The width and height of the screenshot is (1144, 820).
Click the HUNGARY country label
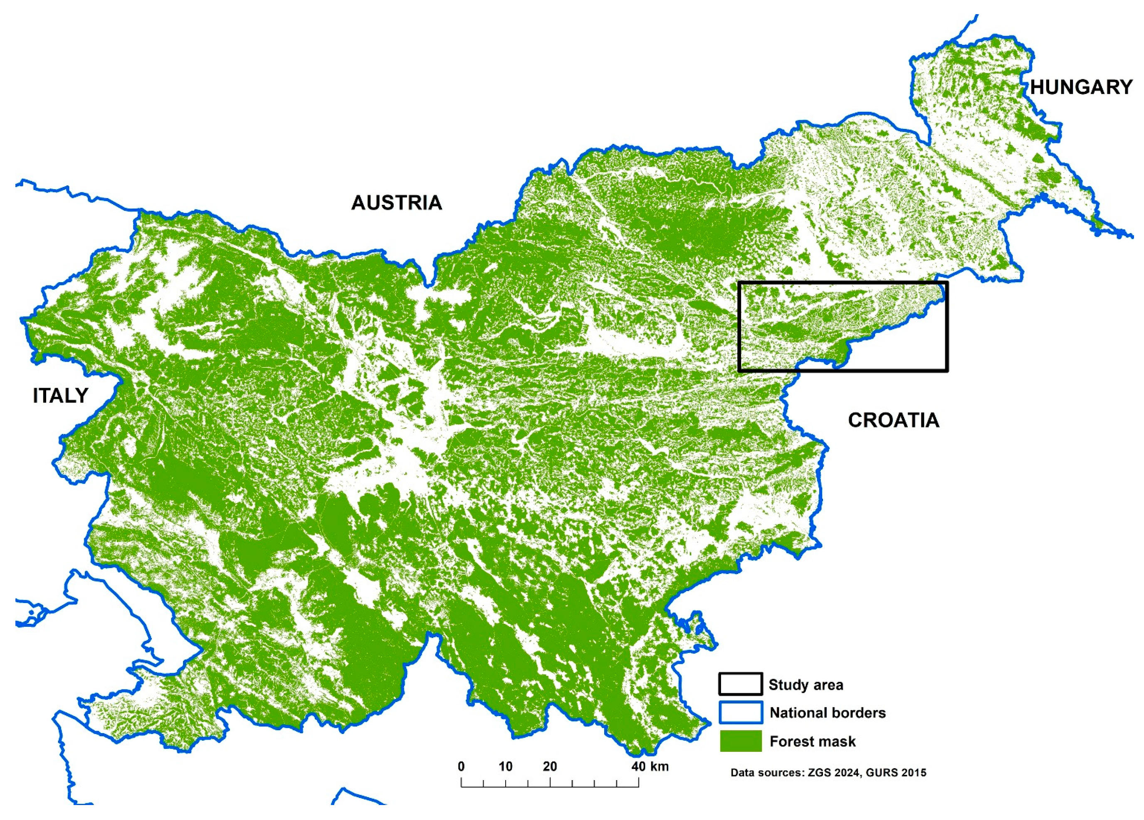click(x=1081, y=88)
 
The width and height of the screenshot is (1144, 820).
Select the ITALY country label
click(x=61, y=396)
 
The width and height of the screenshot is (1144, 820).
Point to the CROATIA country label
click(x=893, y=420)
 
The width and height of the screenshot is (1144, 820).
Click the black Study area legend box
click(x=740, y=684)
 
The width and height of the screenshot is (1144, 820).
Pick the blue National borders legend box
click(x=740, y=712)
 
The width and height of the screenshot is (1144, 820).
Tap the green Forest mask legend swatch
click(x=740, y=741)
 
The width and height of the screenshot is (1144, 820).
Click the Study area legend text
click(x=805, y=685)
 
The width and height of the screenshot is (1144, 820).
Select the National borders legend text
click(x=827, y=713)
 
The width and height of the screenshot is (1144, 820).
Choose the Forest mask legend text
click(x=812, y=741)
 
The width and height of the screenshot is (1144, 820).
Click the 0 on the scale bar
click(x=461, y=766)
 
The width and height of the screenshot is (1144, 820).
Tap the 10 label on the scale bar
click(x=505, y=766)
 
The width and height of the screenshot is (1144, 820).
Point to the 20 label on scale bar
click(x=550, y=766)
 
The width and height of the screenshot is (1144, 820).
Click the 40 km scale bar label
click(x=650, y=766)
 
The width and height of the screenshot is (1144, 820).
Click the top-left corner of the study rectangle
click(x=739, y=283)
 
